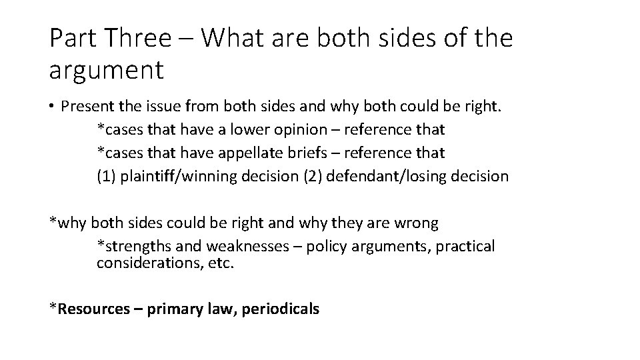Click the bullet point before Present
tap(51, 107)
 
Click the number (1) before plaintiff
tap(107, 176)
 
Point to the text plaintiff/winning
tap(175, 176)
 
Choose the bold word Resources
tap(94, 309)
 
